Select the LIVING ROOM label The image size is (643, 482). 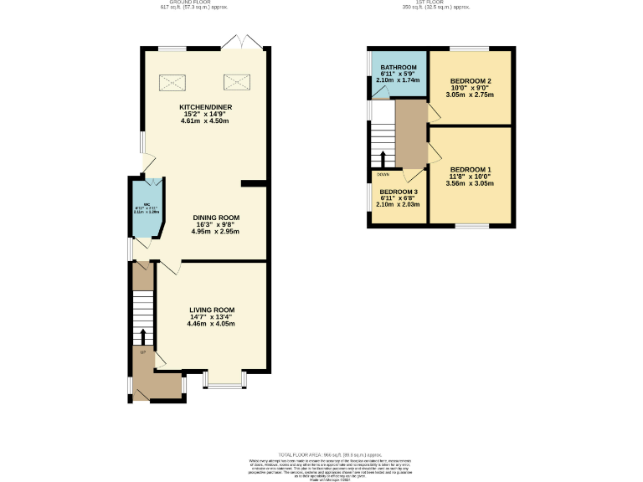[x=211, y=309]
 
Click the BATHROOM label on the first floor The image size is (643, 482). [x=399, y=68]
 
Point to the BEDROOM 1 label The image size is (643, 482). [x=470, y=170]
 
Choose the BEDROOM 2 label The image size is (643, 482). [x=470, y=81]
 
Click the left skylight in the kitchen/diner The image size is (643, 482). [x=173, y=82]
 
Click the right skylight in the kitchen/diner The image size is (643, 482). [x=235, y=82]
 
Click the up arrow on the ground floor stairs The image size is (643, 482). [x=142, y=336]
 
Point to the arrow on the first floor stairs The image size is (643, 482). [x=383, y=159]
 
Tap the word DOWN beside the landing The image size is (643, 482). [x=383, y=175]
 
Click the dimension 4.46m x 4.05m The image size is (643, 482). [x=211, y=324]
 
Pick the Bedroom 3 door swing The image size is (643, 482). [x=411, y=177]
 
